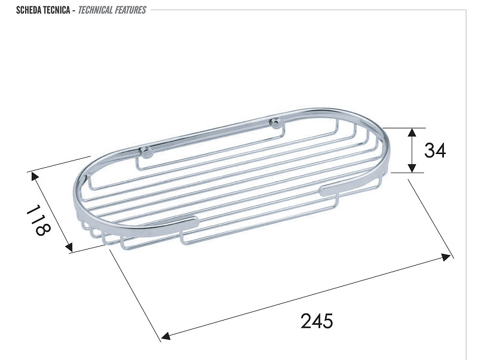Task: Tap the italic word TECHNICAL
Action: [96, 10]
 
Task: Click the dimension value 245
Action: [317, 321]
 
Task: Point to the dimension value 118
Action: [38, 220]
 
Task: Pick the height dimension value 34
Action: [435, 150]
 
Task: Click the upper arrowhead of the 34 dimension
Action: [412, 132]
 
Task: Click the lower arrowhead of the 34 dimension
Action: [412, 168]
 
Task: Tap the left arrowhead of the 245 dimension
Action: [166, 336]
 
